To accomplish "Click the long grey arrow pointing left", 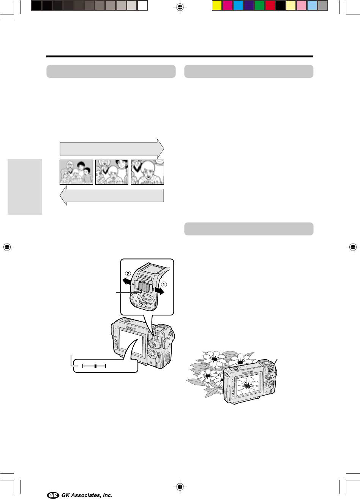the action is (112, 196).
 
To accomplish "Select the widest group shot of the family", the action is (76, 172).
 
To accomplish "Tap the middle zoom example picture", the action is (112, 172).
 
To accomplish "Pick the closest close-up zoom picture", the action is (147, 172).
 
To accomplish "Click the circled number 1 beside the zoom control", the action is (164, 284).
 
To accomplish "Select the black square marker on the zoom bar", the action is (96, 366).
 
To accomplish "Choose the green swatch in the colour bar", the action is (259, 5).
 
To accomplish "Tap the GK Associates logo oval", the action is (53, 495).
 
